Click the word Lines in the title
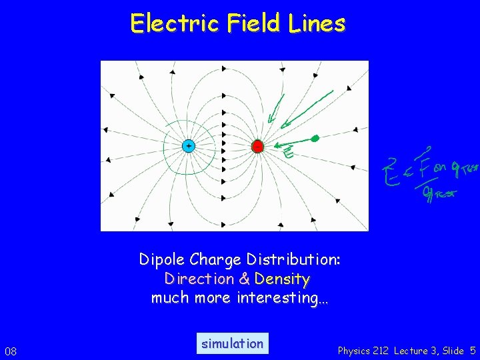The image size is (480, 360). (317, 23)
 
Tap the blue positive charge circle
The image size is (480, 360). (189, 145)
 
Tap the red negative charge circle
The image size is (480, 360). (257, 145)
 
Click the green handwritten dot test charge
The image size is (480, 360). (315, 138)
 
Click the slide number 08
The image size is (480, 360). (11, 351)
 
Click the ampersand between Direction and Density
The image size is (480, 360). (245, 279)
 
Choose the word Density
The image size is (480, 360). (283, 279)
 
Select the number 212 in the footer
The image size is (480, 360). (384, 351)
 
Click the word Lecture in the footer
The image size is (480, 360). (414, 351)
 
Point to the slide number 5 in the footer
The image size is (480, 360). (472, 351)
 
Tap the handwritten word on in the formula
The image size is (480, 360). (439, 167)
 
